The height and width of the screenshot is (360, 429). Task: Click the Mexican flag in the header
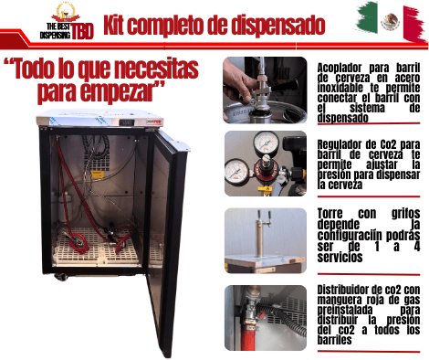(392, 22)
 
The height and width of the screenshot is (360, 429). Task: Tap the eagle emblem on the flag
(390, 22)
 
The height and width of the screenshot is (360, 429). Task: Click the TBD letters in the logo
(82, 31)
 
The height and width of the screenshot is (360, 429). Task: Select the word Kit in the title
(113, 25)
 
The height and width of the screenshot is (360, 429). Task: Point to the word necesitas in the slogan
(158, 69)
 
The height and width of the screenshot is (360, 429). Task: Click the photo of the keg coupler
(265, 90)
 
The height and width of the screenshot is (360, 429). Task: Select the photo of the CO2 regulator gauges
(266, 164)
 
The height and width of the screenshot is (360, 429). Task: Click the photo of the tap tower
(266, 240)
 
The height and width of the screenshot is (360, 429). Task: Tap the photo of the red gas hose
(266, 318)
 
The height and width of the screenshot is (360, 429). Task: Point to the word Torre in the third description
(330, 214)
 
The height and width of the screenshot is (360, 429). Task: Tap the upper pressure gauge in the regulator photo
(267, 142)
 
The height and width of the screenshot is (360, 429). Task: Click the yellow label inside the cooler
(98, 174)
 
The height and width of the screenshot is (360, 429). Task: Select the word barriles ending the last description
(334, 340)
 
